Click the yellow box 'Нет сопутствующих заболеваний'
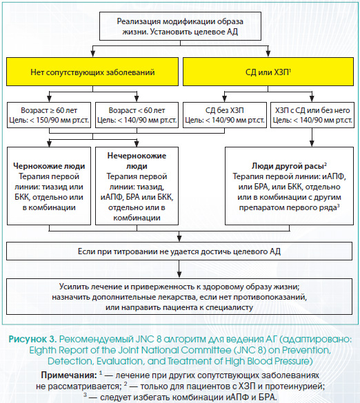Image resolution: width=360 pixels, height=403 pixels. pyautogui.click(x=92, y=72)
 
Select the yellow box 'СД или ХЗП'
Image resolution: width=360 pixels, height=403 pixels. pyautogui.click(x=268, y=72)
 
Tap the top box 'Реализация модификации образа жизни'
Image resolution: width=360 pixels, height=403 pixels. pyautogui.click(x=180, y=26)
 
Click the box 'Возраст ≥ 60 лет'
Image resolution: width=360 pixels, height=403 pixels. pyautogui.click(x=49, y=115)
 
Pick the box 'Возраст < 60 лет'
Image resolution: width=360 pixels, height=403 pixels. pyautogui.click(x=137, y=115)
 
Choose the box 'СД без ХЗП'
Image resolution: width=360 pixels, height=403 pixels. pyautogui.click(x=225, y=115)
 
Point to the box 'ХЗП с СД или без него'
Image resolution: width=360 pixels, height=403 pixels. pyautogui.click(x=312, y=115)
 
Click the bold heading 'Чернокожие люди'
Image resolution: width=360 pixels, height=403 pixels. pyautogui.click(x=49, y=166)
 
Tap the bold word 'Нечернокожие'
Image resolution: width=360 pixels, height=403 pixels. pyautogui.click(x=137, y=156)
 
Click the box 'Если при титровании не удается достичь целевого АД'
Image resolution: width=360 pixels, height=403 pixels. pyautogui.click(x=179, y=251)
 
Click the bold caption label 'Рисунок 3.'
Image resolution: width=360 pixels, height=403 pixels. pyautogui.click(x=32, y=339)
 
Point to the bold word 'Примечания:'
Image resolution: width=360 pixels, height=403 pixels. pyautogui.click(x=69, y=375)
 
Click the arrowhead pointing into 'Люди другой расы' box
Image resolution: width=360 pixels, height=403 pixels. pyautogui.click(x=312, y=143)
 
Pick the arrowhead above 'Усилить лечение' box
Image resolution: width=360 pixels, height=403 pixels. pyautogui.click(x=179, y=274)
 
